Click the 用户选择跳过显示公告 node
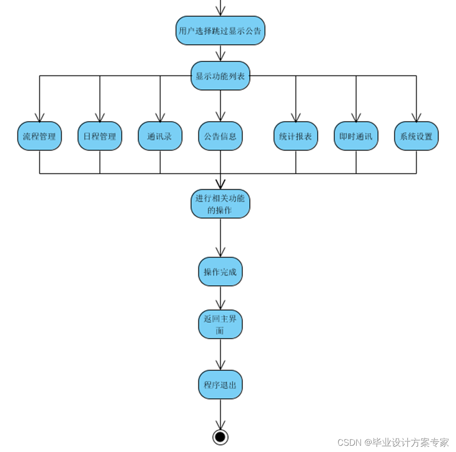click(220, 31)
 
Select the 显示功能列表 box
click(220, 76)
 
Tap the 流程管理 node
click(40, 136)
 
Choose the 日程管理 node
click(100, 136)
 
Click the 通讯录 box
click(160, 136)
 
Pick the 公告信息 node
click(220, 136)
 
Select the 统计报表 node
click(295, 136)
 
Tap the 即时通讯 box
click(356, 136)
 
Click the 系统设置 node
click(416, 136)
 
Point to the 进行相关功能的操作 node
click(220, 204)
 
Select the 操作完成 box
click(220, 272)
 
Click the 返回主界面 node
click(220, 324)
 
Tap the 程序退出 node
click(220, 384)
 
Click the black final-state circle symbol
click(220, 437)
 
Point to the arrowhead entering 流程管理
click(40, 117)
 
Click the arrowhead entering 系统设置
click(416, 117)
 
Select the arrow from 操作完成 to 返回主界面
click(220, 298)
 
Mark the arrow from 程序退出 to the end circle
click(220, 414)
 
